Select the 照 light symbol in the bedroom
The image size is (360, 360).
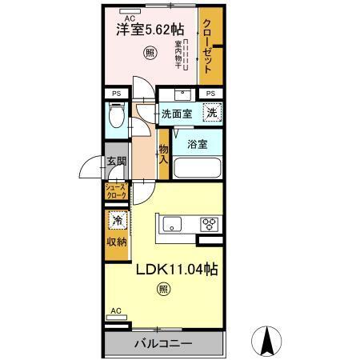(x=150, y=54)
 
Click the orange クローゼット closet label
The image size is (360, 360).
(x=206, y=47)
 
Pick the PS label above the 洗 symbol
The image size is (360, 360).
(x=210, y=94)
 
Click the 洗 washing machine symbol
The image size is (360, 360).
(x=210, y=113)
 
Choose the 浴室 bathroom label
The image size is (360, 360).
(x=198, y=145)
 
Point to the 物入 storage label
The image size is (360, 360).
(x=163, y=153)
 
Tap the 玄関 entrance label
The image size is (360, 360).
(x=115, y=161)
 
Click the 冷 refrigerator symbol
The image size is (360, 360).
(x=117, y=220)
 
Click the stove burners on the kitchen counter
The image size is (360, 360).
(x=210, y=223)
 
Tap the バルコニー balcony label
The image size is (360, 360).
(x=164, y=344)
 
